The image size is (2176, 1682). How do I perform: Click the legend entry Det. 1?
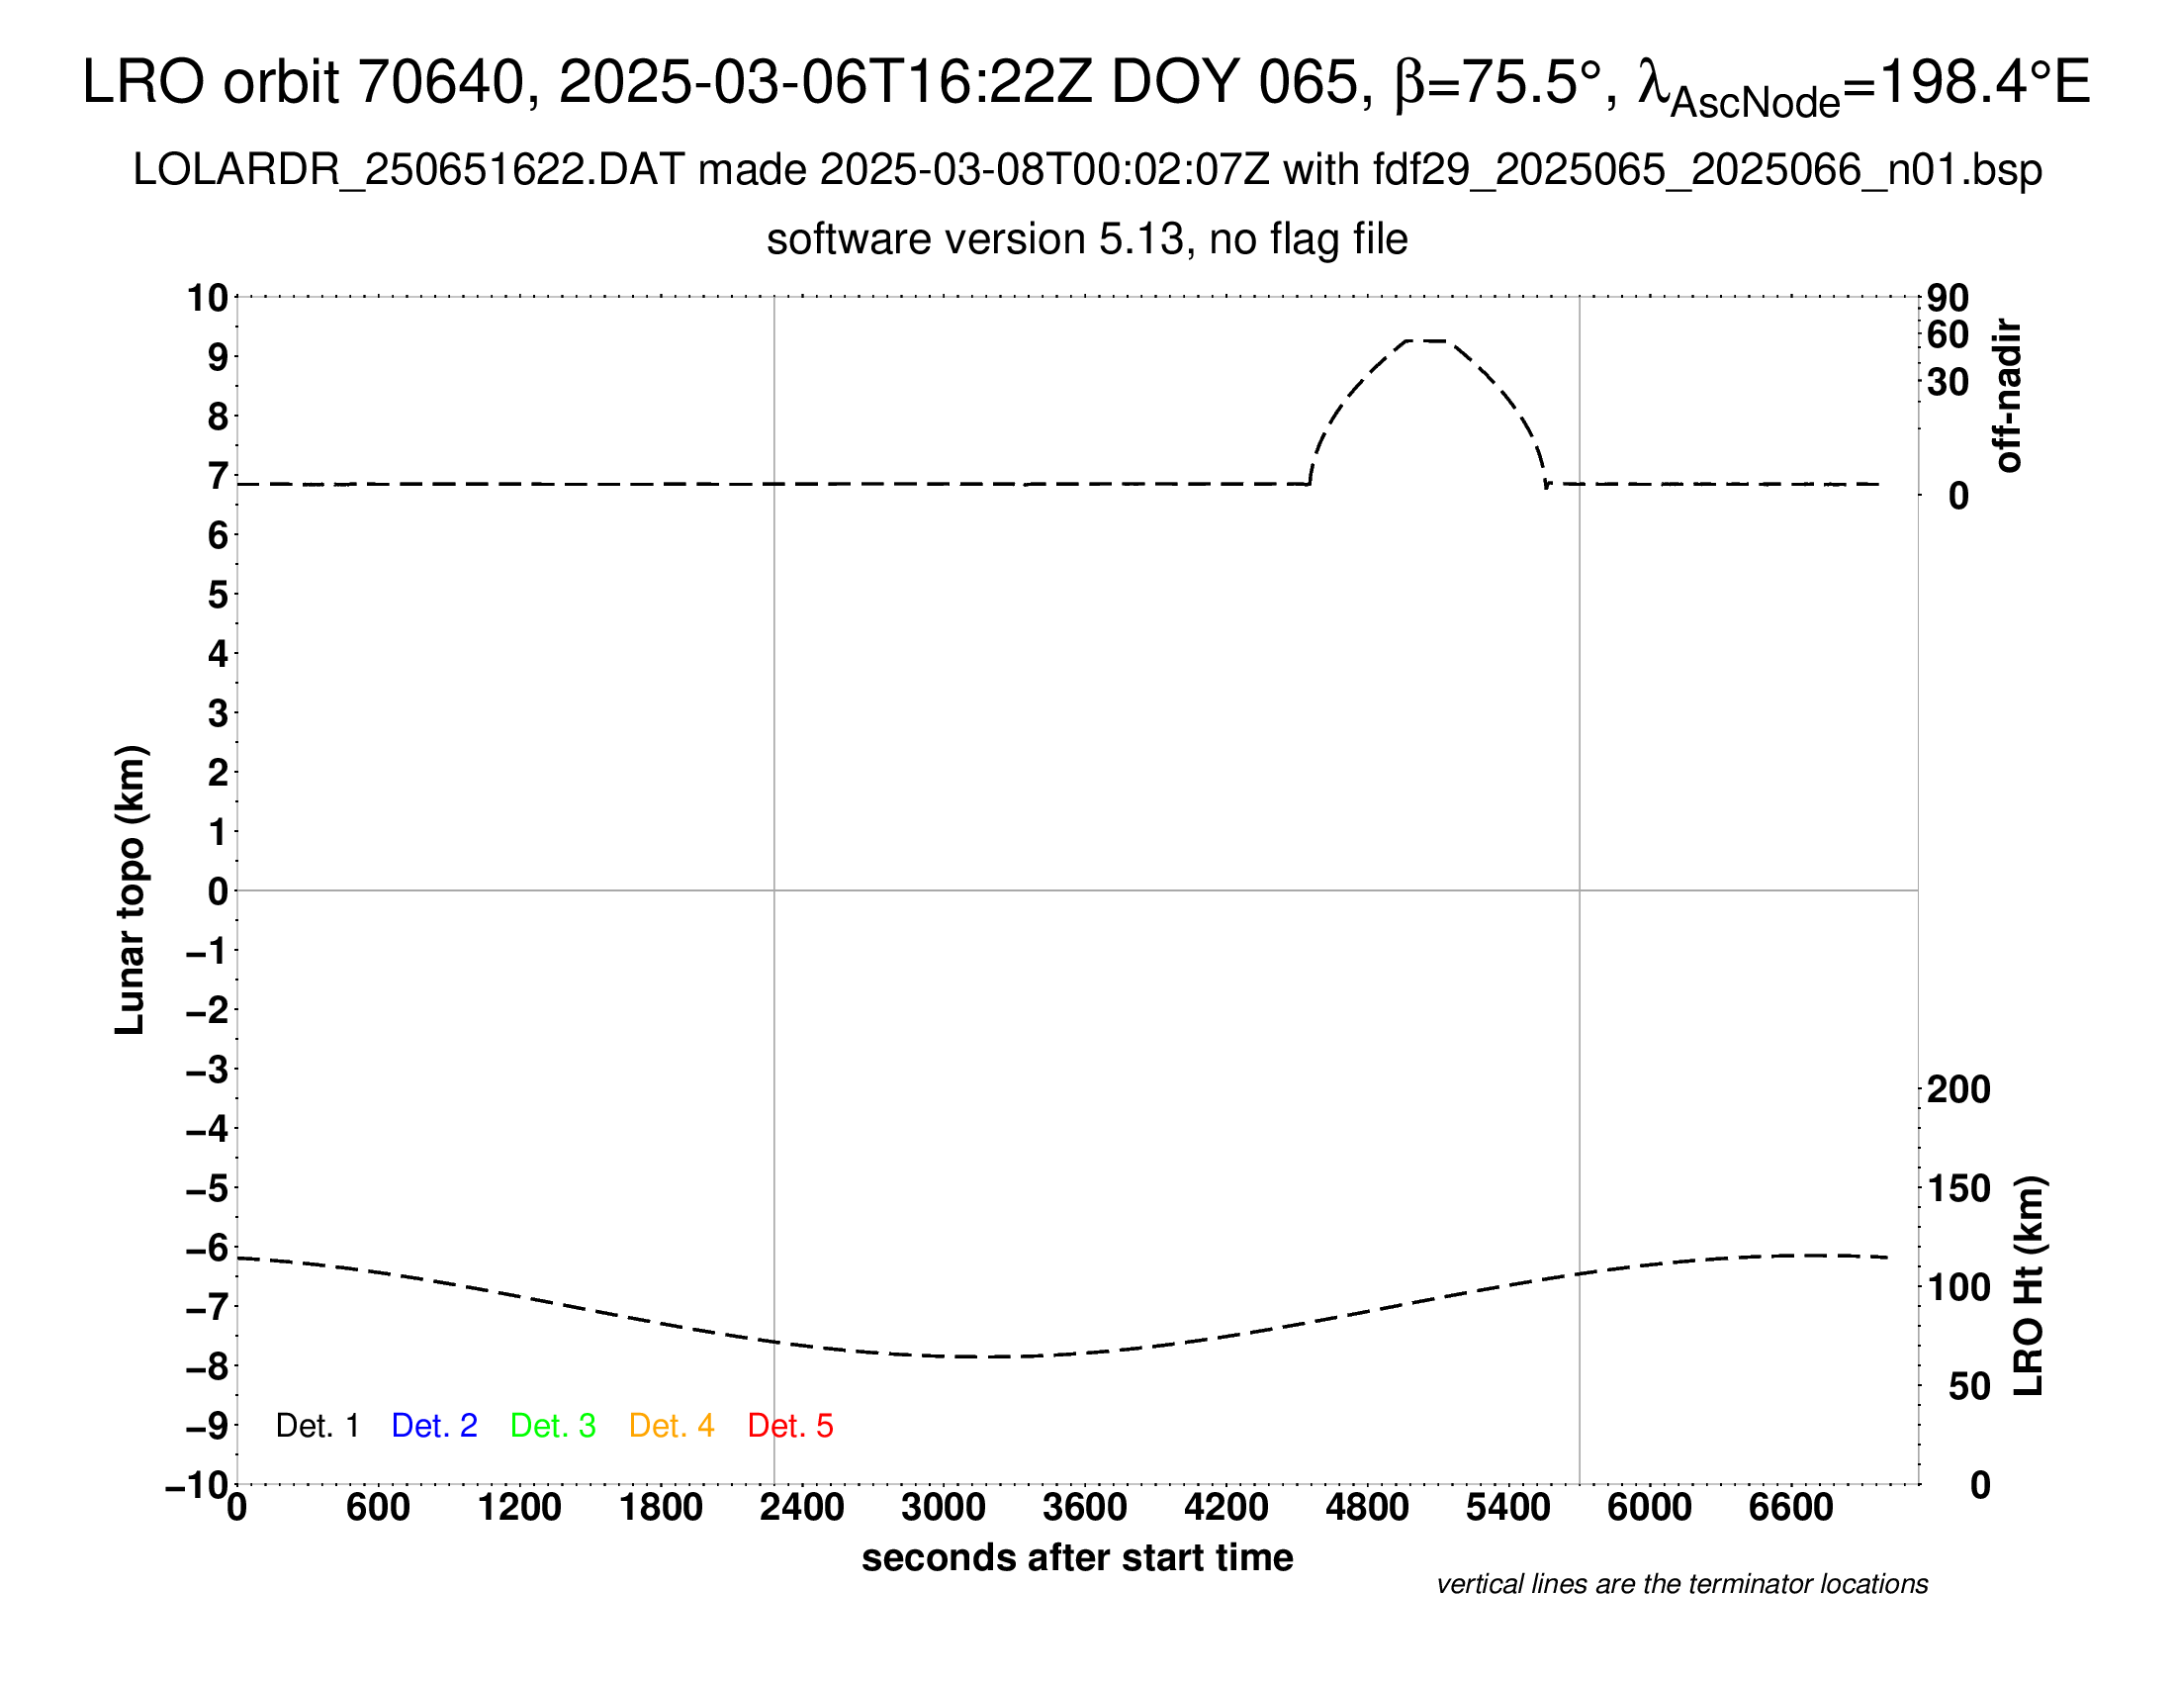tap(317, 1426)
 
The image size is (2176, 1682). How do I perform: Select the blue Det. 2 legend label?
tap(434, 1426)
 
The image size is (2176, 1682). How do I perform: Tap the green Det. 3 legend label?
tap(553, 1426)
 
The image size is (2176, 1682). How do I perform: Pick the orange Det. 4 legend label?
tap(672, 1426)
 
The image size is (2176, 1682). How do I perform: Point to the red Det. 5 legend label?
tap(790, 1426)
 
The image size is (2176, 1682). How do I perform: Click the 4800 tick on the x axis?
tap(1367, 1508)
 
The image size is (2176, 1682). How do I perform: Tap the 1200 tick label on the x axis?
tap(519, 1508)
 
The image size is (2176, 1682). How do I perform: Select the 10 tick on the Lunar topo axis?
tap(209, 298)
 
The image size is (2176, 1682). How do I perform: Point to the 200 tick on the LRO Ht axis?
tap(1957, 1090)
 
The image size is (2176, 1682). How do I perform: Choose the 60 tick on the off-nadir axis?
tap(1948, 334)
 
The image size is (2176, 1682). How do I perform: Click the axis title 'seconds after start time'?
tap(1077, 1558)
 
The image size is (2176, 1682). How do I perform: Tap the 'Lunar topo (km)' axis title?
tap(131, 889)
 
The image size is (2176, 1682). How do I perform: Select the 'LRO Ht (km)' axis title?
tap(2030, 1286)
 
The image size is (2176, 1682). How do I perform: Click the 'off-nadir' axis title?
tap(2008, 396)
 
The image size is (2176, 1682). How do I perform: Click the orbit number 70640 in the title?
tap(440, 82)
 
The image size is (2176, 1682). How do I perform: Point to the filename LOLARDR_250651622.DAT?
tap(408, 170)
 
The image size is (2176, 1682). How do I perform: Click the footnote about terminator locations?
tap(1681, 1584)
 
